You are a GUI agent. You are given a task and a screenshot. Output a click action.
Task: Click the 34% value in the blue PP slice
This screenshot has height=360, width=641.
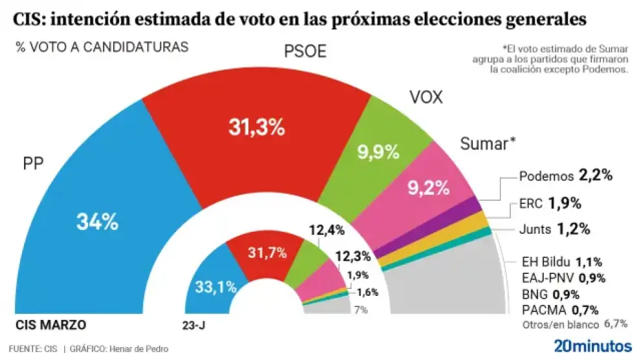tap(97, 222)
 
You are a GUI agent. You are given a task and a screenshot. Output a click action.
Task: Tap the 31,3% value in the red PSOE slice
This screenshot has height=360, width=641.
tap(256, 128)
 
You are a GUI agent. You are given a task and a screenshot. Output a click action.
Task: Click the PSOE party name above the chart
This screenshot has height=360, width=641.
tap(306, 52)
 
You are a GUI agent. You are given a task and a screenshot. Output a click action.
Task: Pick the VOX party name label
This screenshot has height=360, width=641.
tap(426, 97)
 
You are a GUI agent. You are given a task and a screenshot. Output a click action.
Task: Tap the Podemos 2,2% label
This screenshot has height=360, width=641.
tap(566, 175)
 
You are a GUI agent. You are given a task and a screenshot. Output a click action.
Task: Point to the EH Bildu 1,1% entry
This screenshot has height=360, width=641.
tap(562, 262)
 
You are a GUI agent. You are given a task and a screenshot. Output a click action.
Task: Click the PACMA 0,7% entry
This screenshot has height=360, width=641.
tap(559, 309)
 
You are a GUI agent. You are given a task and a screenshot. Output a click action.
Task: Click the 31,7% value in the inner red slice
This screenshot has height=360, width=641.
tap(267, 253)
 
